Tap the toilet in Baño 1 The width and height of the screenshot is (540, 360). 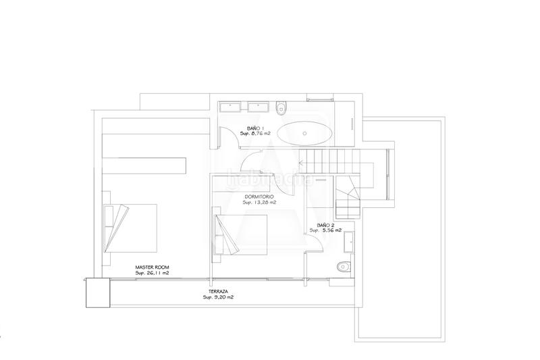click(282, 105)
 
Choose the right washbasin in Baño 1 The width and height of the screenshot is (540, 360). click(257, 105)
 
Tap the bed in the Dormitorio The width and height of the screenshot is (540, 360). click(240, 235)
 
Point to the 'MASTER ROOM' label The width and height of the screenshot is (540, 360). click(151, 267)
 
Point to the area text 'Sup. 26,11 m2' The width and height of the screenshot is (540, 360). click(151, 274)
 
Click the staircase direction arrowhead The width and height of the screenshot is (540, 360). click(301, 162)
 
